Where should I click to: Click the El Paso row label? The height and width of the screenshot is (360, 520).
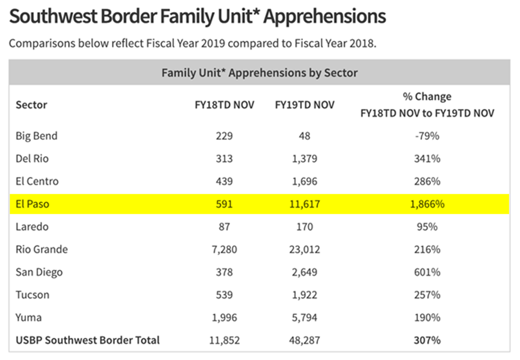[33, 204]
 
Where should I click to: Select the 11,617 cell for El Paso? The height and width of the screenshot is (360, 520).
[304, 204]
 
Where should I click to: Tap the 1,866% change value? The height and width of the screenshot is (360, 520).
[427, 204]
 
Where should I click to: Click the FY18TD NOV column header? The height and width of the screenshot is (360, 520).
[224, 105]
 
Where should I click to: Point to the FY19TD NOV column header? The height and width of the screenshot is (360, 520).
[305, 105]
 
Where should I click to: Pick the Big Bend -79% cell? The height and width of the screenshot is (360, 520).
[427, 136]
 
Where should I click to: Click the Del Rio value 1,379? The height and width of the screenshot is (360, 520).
[304, 159]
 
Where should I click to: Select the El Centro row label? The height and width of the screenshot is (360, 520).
[37, 181]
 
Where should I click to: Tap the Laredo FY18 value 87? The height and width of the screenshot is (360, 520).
[224, 227]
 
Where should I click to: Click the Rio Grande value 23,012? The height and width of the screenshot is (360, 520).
[304, 250]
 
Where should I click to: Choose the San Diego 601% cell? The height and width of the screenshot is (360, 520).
[427, 272]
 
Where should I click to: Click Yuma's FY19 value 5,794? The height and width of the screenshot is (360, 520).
[304, 318]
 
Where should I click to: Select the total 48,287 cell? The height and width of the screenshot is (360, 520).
[304, 340]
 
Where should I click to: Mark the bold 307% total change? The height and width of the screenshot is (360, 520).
[427, 340]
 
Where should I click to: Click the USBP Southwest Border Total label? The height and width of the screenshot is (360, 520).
[88, 340]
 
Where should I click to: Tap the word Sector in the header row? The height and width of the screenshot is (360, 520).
[31, 105]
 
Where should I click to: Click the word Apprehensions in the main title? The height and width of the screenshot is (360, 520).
[324, 16]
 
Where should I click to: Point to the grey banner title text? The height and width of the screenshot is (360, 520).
[259, 73]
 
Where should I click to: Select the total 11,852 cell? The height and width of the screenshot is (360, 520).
[224, 340]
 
